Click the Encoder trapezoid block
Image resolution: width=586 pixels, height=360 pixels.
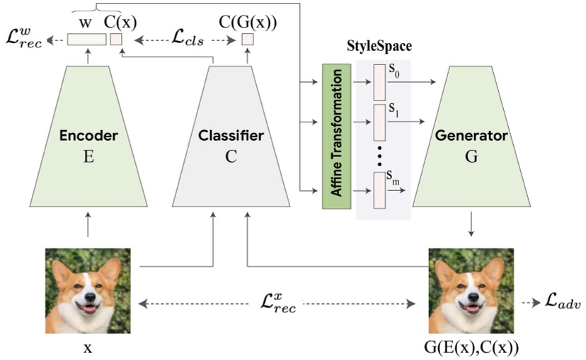click(x=88, y=141)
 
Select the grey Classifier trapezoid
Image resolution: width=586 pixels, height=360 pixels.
click(x=231, y=141)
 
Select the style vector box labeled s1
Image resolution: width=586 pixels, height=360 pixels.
click(x=379, y=124)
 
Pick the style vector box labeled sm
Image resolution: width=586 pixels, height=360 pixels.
click(x=379, y=192)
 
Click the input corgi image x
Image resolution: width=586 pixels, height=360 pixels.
click(x=88, y=291)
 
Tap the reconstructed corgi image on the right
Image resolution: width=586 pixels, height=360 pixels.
click(x=471, y=291)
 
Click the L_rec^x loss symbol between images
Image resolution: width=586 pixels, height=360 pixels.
click(x=277, y=304)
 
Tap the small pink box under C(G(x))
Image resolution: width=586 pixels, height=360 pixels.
click(x=247, y=40)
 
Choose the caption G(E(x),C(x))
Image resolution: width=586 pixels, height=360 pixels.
click(x=472, y=349)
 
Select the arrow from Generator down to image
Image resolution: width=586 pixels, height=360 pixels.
click(x=471, y=225)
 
